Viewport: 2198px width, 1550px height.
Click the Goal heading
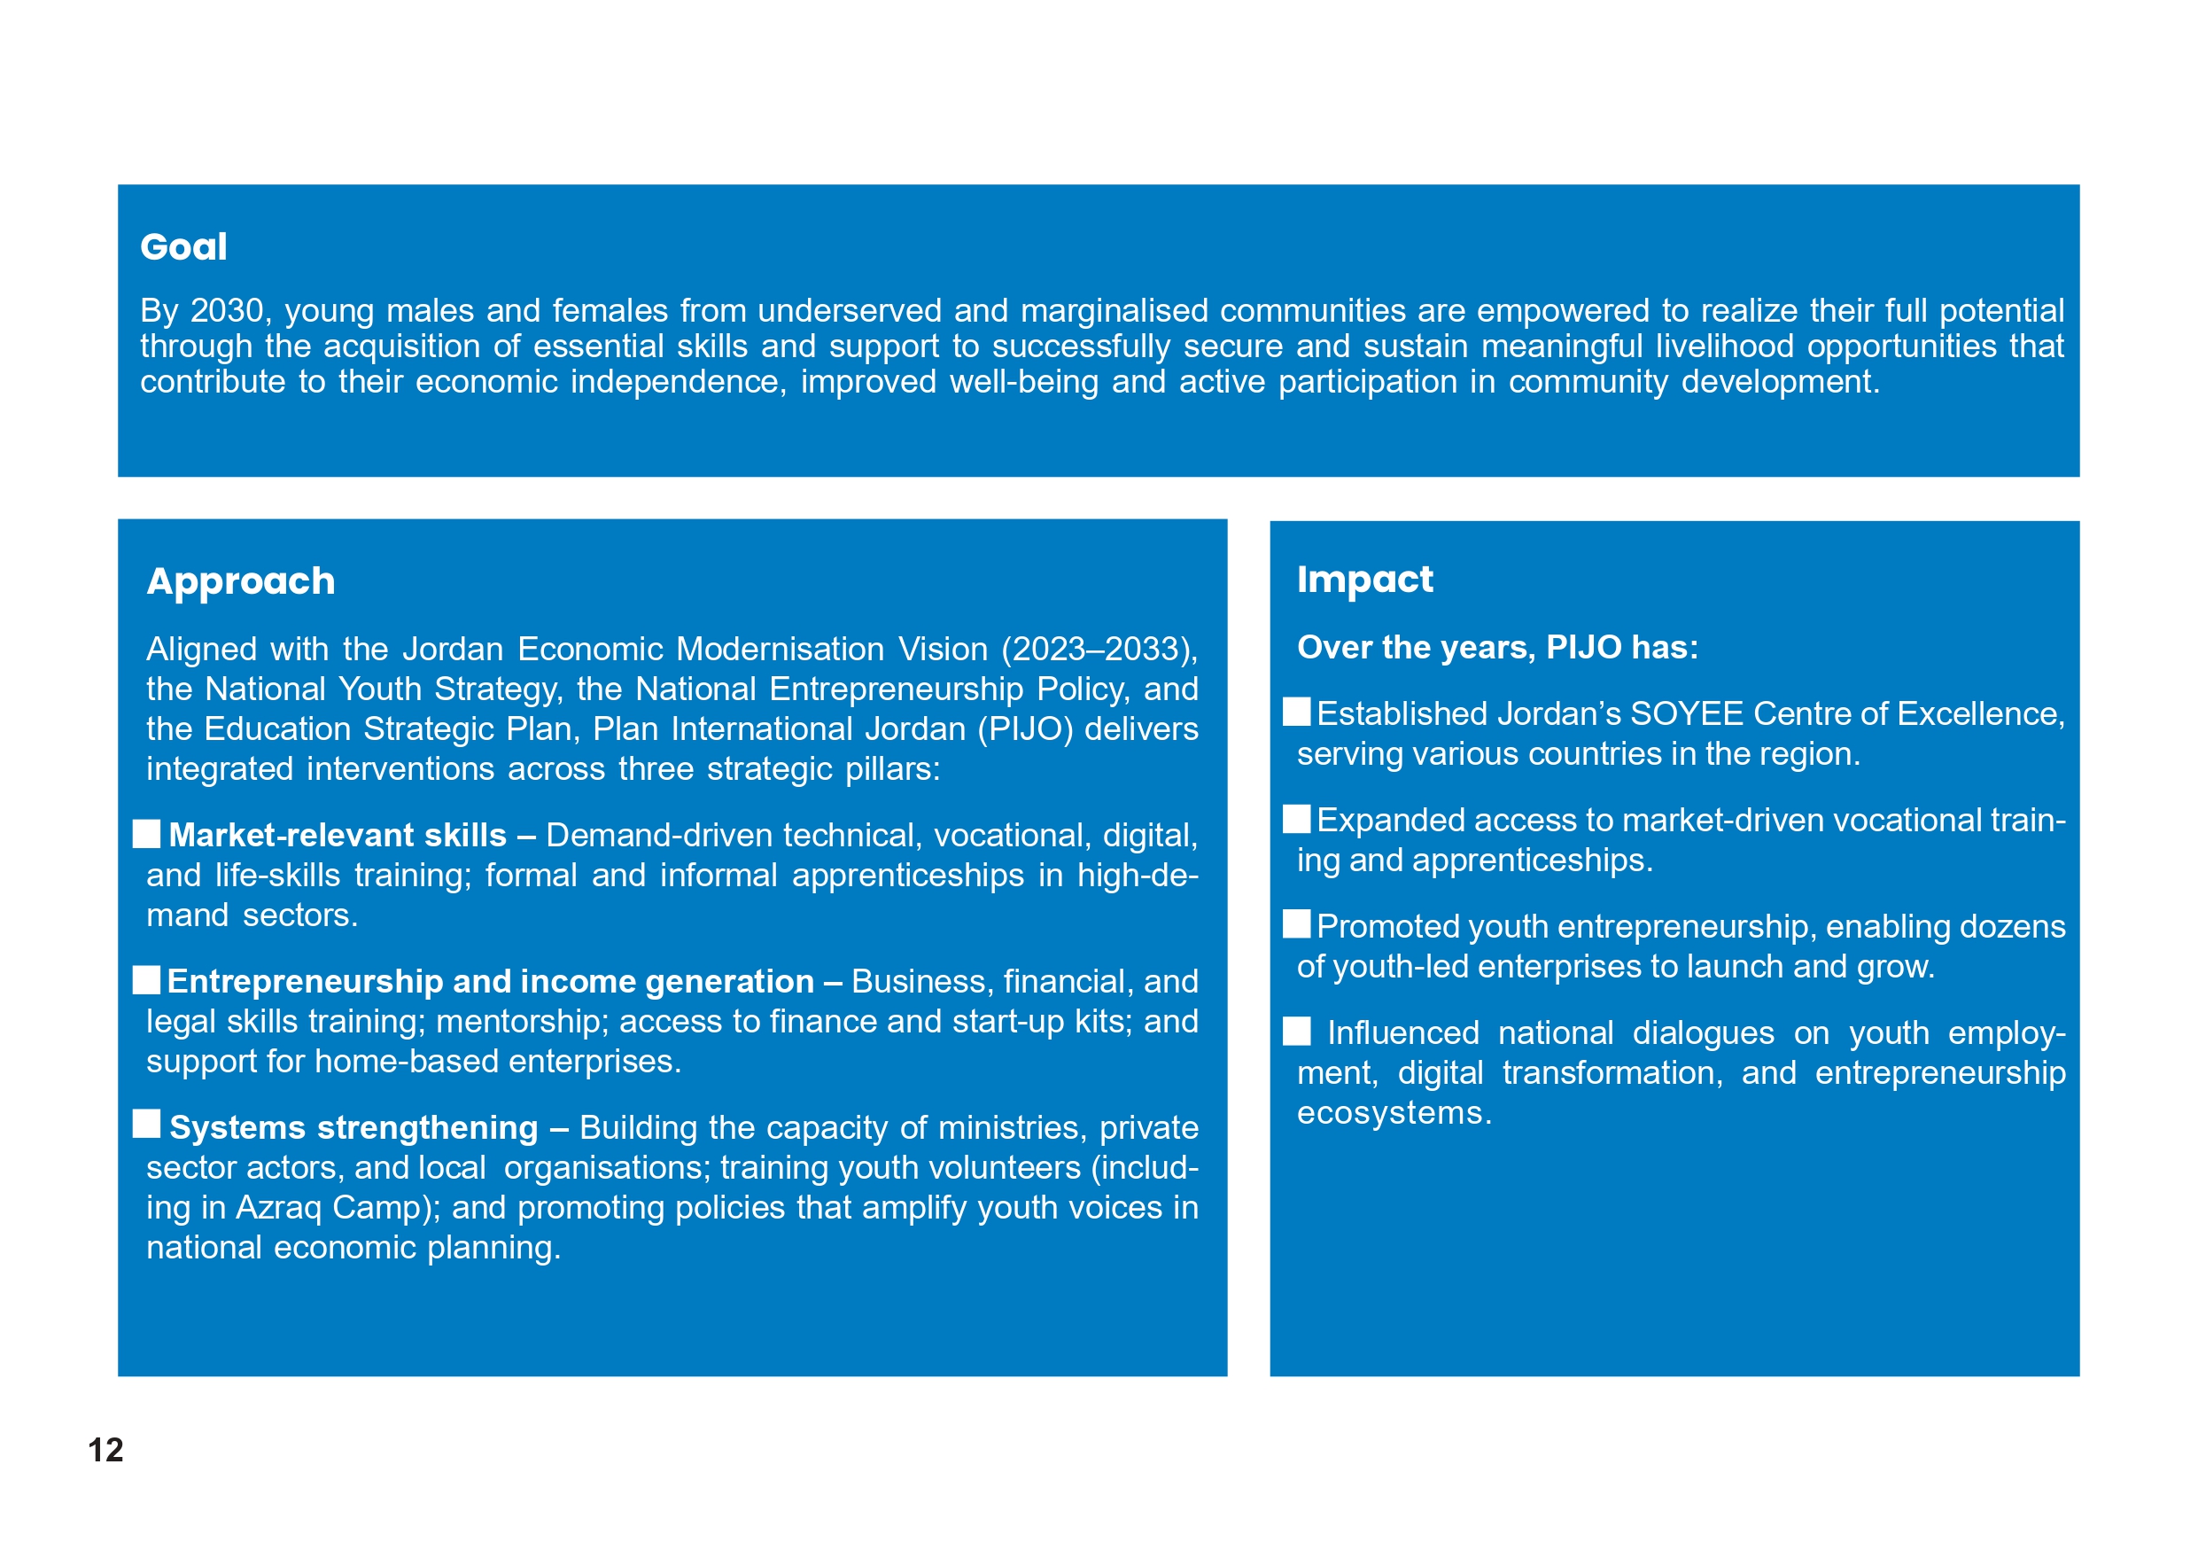[x=183, y=247]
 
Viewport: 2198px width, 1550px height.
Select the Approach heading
[x=240, y=581]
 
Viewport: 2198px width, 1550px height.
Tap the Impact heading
[x=1364, y=580]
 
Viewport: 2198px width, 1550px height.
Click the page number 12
[x=105, y=1450]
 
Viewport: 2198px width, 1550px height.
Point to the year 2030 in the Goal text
[x=226, y=311]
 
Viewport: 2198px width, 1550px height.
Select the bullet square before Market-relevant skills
[x=146, y=833]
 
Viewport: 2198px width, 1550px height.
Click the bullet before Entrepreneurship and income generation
[x=146, y=979]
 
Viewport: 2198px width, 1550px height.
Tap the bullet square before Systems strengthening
[x=146, y=1124]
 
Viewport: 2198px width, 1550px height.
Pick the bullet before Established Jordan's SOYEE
[x=1296, y=712]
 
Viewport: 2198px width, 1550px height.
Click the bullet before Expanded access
[x=1296, y=819]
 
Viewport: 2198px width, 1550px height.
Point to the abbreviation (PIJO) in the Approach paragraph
[x=1023, y=729]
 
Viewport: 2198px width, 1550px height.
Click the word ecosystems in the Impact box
[x=1393, y=1113]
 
